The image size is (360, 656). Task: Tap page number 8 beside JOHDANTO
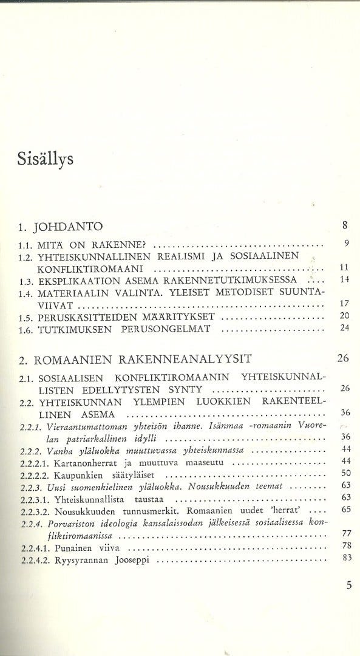[344, 227]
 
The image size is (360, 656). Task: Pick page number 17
[344, 303]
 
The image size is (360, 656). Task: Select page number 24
[344, 328]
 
